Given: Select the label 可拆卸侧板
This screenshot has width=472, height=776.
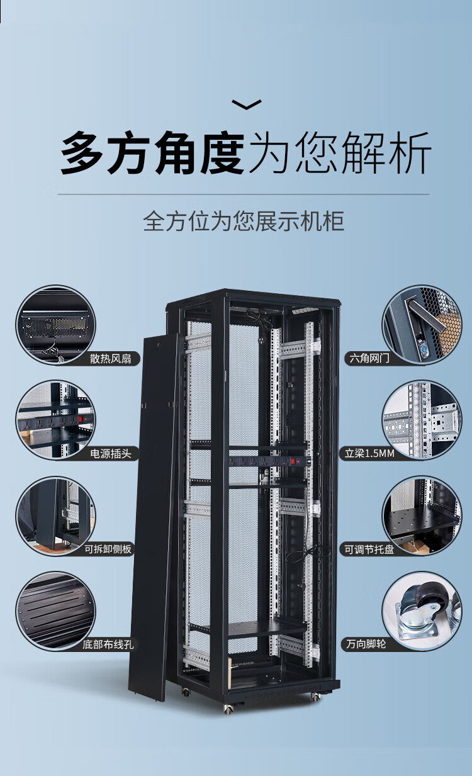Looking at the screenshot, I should [109, 549].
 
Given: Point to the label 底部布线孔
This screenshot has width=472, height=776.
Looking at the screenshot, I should [108, 644].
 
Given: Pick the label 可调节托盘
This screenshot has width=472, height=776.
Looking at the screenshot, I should [369, 549].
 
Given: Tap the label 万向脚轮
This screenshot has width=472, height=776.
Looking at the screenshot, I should [366, 644].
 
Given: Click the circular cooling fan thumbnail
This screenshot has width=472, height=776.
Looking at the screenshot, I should [55, 325].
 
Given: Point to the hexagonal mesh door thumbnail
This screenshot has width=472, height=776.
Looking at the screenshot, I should [422, 325].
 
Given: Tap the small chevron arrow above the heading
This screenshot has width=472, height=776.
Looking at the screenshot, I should [247, 104].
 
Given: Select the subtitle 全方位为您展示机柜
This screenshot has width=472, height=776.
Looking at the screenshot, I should [244, 222].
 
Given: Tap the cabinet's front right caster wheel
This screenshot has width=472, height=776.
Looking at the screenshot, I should [315, 697].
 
